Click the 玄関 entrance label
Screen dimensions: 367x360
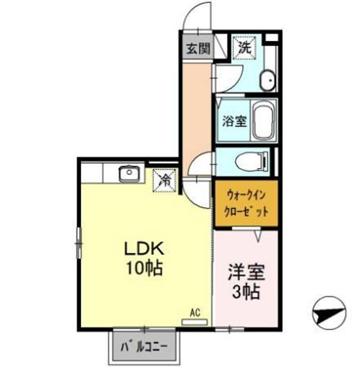[x=197, y=49]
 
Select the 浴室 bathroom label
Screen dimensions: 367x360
[x=234, y=121]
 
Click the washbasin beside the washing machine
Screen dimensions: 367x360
[x=267, y=80]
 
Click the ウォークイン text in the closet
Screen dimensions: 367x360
[x=246, y=194]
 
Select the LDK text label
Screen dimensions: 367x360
[x=144, y=249]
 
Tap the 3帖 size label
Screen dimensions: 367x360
[x=246, y=292]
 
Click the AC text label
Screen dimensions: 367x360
[x=195, y=312]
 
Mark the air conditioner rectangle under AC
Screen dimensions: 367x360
[x=195, y=322]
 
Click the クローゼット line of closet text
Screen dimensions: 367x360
[x=246, y=211]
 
